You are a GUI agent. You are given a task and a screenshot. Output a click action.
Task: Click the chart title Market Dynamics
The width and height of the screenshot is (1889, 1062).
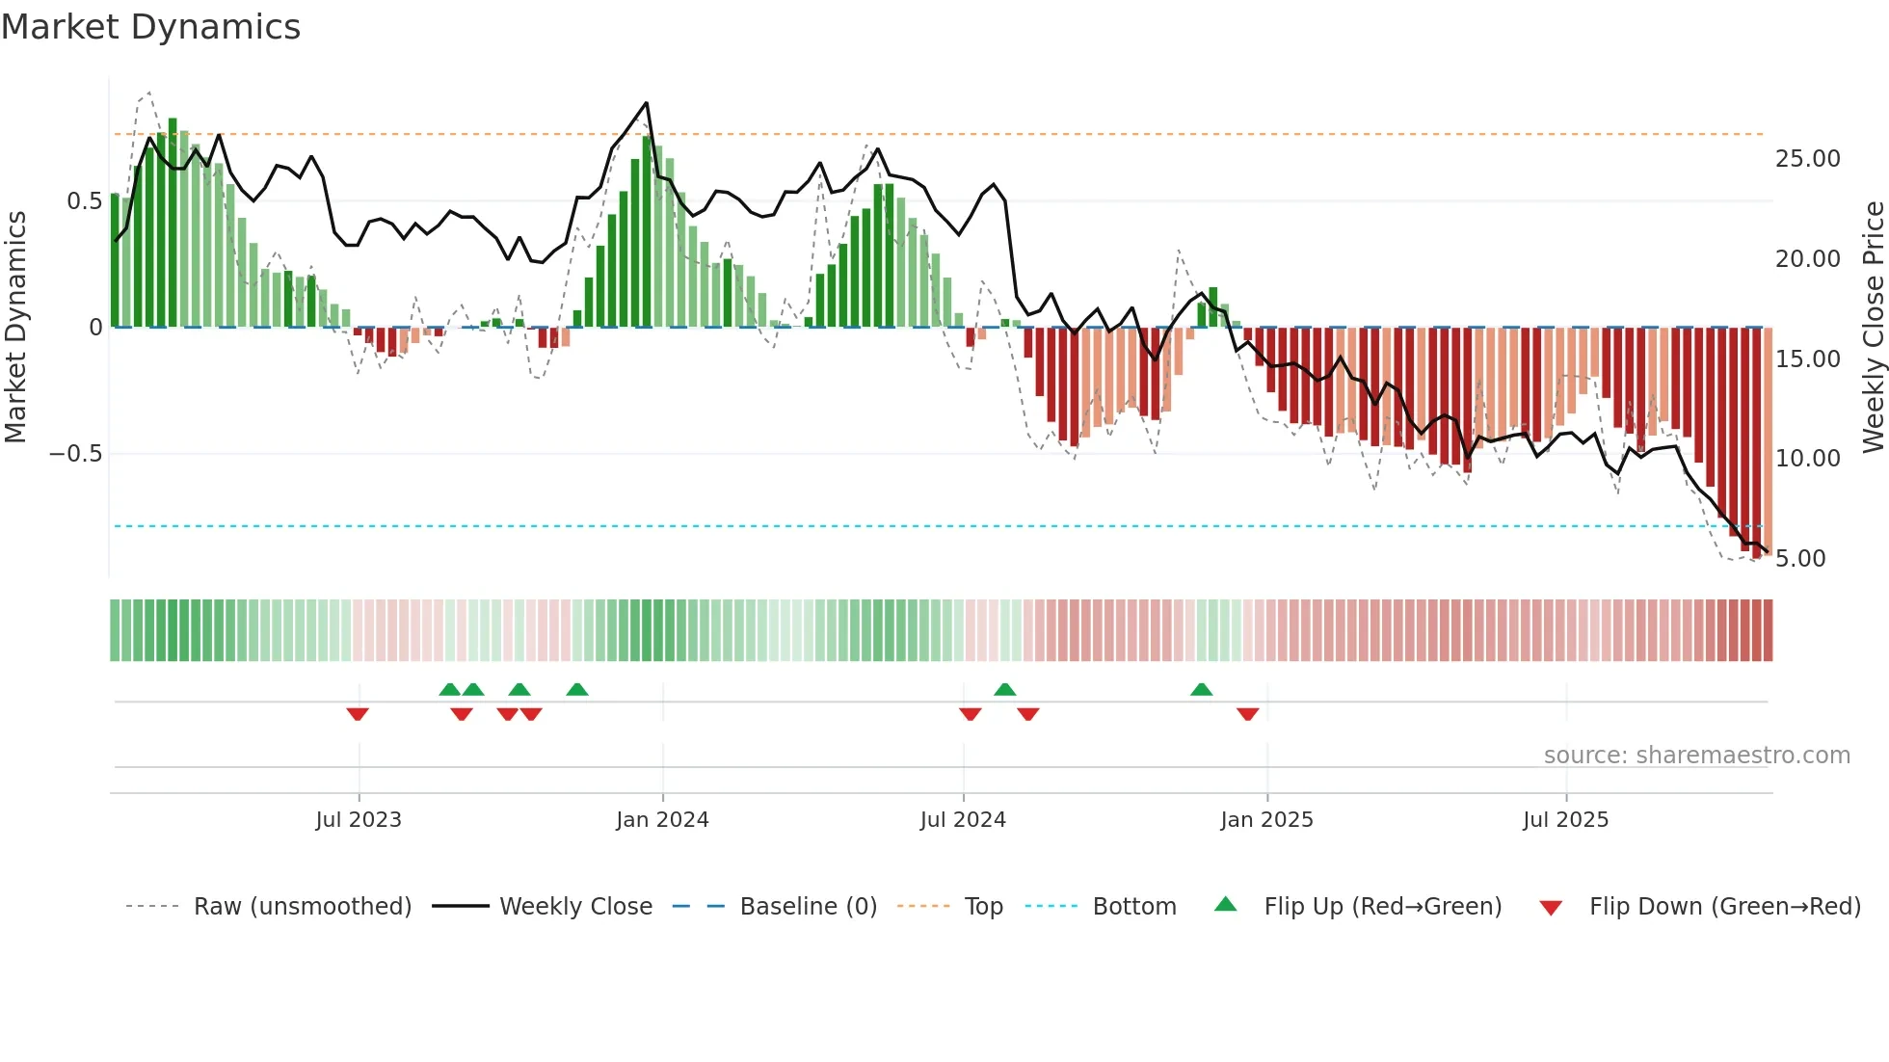click(x=150, y=27)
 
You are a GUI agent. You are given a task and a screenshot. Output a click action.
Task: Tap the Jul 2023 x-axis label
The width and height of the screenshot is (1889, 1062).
click(x=358, y=820)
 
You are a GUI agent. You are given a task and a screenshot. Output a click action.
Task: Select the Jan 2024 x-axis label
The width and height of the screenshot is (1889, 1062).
click(x=662, y=820)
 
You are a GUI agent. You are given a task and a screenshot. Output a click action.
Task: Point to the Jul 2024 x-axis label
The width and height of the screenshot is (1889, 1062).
click(x=963, y=820)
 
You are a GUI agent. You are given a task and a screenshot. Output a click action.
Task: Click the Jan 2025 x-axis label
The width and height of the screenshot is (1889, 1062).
click(x=1266, y=820)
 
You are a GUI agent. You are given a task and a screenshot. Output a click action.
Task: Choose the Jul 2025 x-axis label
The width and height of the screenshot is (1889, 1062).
click(x=1565, y=820)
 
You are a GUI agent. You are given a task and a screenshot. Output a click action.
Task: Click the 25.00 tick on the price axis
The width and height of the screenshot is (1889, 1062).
click(x=1807, y=159)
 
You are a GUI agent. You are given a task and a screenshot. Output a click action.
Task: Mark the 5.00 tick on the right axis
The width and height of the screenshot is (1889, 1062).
click(x=1799, y=559)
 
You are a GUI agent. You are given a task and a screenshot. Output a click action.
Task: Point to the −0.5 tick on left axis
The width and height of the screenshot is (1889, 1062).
click(x=75, y=454)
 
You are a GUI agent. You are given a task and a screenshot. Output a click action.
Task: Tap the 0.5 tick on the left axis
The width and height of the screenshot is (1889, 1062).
click(x=84, y=201)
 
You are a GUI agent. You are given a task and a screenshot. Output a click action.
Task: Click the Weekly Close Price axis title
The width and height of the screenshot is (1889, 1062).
click(x=1873, y=328)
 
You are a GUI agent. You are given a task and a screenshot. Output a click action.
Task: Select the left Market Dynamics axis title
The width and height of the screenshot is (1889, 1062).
click(x=15, y=328)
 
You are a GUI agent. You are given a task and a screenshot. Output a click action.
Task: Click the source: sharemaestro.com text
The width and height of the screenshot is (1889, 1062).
click(x=1696, y=756)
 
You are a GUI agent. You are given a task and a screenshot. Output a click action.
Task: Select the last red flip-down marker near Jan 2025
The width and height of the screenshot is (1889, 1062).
click(x=1247, y=714)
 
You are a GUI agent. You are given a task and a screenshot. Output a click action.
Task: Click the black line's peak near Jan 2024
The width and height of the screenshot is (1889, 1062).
click(x=646, y=103)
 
